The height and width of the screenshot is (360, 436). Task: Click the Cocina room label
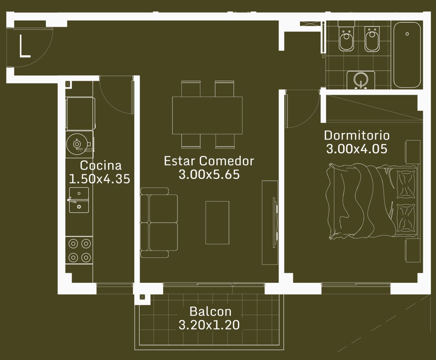tap(101, 165)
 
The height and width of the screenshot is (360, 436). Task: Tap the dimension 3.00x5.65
tap(209, 175)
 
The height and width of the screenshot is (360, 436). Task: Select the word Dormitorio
tap(357, 135)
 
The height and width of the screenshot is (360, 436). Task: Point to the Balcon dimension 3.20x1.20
tap(209, 325)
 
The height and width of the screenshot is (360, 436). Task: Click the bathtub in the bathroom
tap(407, 55)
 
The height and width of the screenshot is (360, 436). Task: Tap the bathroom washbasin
tap(361, 80)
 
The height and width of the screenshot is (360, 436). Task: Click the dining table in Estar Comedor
tap(207, 115)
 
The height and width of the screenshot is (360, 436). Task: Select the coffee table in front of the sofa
tap(217, 222)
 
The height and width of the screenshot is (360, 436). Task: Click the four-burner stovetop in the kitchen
tap(79, 250)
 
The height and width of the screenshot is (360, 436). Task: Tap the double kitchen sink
tap(79, 200)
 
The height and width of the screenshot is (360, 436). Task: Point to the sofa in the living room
tap(159, 222)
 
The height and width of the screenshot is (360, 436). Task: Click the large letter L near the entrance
tap(25, 46)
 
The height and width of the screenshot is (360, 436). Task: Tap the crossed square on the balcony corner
tap(142, 297)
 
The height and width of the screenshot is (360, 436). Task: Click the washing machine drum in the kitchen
tap(77, 144)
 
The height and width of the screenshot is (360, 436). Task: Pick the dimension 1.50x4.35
tap(99, 179)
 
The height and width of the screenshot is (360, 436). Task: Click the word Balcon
tap(210, 311)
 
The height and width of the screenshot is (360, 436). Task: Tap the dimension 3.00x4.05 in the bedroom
tap(357, 149)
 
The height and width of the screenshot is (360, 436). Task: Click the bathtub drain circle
tap(407, 34)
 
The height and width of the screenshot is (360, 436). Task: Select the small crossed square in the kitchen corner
tap(67, 84)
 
